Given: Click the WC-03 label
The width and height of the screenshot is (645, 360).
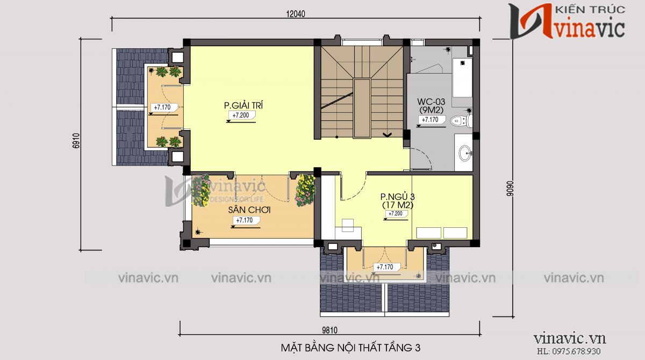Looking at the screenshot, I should coord(432,102).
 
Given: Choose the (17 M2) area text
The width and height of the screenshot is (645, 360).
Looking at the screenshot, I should coord(397,205).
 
